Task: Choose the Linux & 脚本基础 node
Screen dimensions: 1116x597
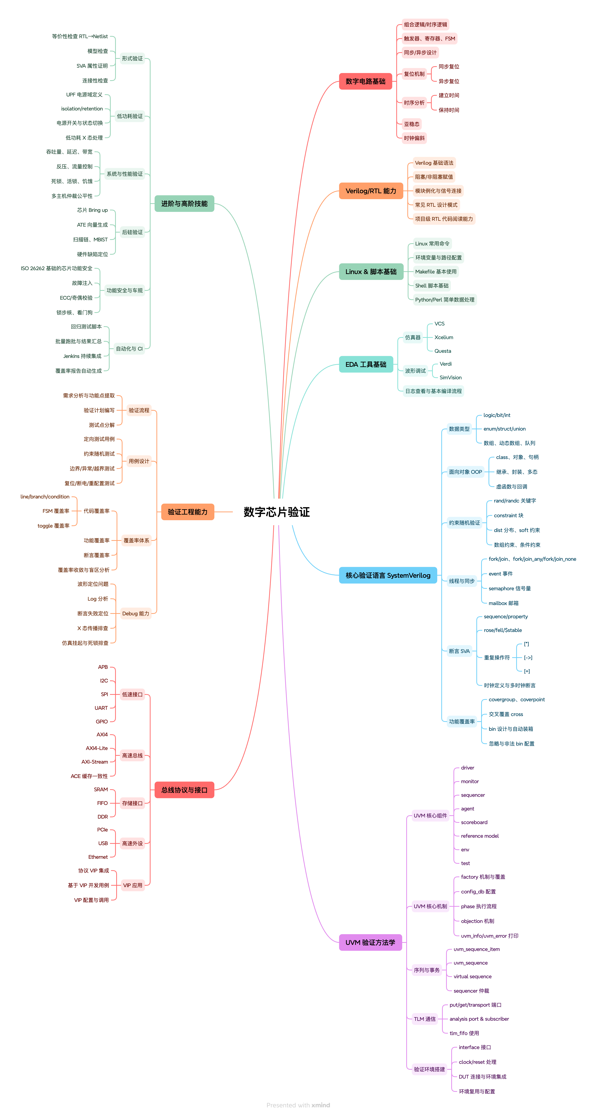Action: click(371, 272)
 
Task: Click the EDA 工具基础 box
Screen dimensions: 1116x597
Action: click(365, 364)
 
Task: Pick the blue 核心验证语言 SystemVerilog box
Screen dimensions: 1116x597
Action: click(388, 575)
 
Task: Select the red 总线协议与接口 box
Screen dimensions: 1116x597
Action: click(184, 790)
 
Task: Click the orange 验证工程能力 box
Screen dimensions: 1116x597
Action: click(187, 512)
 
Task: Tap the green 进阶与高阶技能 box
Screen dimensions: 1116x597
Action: click(184, 204)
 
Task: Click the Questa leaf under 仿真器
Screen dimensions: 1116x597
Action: click(443, 351)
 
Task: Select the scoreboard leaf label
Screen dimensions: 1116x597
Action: click(474, 822)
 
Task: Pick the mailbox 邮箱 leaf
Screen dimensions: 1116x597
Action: click(503, 603)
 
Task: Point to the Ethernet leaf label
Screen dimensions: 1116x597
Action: click(98, 857)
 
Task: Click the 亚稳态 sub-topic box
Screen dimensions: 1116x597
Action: click(411, 124)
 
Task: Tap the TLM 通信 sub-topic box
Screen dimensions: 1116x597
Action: click(425, 1019)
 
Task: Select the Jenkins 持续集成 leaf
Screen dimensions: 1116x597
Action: click(82, 356)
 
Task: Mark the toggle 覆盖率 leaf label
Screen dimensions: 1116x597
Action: click(53, 526)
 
